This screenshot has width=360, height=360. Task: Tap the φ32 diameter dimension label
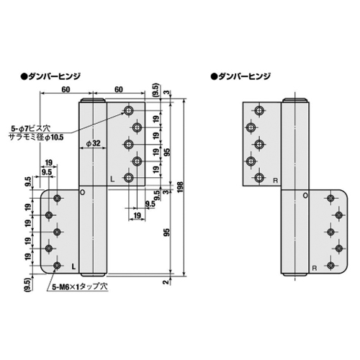[x=93, y=143]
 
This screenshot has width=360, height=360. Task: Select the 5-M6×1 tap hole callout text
[x=80, y=287]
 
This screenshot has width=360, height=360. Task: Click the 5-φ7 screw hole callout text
[x=31, y=128]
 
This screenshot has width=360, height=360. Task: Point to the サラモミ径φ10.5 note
[x=36, y=138]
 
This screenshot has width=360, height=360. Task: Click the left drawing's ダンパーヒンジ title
[x=50, y=76]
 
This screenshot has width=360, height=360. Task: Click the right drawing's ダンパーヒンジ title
[x=240, y=76]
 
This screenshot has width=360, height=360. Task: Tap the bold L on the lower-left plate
[x=73, y=266]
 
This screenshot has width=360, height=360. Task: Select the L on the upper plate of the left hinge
[x=112, y=179]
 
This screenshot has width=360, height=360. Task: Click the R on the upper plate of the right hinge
[x=275, y=181]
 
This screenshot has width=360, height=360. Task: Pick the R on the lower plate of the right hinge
[x=315, y=268]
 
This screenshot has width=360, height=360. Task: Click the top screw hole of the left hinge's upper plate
[x=129, y=110]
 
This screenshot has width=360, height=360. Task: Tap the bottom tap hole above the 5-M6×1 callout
[x=57, y=266]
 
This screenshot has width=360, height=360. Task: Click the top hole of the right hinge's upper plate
[x=259, y=110]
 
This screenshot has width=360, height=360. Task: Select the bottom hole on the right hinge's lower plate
[x=330, y=265]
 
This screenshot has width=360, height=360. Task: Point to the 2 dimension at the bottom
[x=166, y=282]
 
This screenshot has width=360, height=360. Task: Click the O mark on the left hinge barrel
[x=82, y=192]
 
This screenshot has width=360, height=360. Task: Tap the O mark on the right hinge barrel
[x=305, y=196]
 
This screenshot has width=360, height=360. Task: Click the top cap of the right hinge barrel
[x=294, y=100]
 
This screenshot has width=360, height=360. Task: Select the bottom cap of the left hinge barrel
[x=93, y=275]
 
